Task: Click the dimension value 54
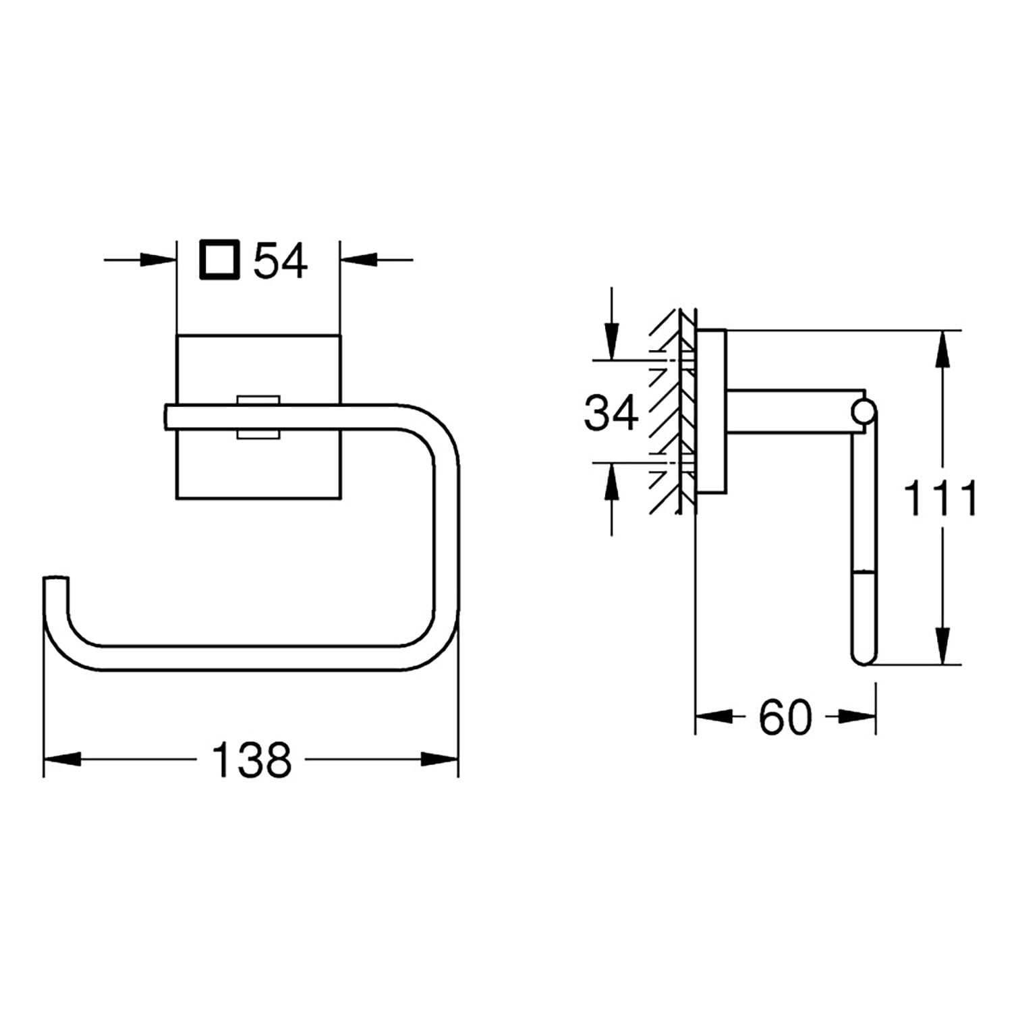point(281,261)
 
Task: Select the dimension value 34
point(611,413)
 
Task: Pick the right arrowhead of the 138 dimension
point(440,759)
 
